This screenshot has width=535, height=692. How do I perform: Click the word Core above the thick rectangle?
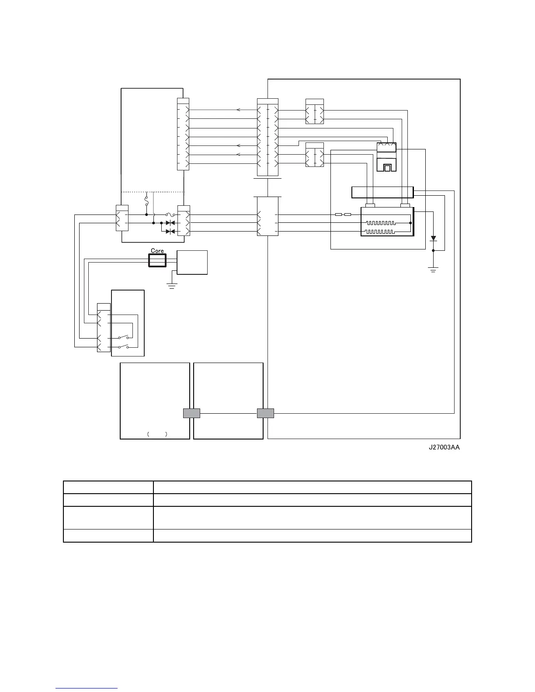coord(157,251)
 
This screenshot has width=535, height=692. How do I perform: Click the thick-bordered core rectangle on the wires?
coord(157,261)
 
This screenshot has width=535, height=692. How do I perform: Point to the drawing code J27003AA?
coord(444,447)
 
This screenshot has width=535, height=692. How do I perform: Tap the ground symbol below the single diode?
coord(433,269)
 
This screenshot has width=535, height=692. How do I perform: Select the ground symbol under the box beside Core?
coord(172,286)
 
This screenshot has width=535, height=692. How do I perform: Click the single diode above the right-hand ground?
coord(433,239)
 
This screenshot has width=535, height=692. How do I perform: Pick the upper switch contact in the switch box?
coord(122,337)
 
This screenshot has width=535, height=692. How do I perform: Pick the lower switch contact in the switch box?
coord(122,347)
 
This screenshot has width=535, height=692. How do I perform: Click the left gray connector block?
coord(191,413)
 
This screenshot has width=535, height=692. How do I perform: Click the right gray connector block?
coord(265,413)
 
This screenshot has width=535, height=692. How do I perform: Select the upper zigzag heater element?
coord(380,223)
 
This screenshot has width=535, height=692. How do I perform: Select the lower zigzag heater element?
coord(380,231)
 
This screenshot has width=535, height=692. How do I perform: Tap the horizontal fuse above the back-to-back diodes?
coord(170,215)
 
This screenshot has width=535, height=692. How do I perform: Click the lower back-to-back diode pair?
coord(170,231)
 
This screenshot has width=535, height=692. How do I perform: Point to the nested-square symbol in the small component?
coord(386,167)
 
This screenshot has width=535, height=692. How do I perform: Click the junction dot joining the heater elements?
coord(410,223)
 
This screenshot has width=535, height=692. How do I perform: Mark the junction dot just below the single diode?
coord(433,250)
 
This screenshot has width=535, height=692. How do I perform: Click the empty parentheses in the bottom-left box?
coord(157,434)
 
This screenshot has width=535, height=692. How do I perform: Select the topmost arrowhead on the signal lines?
coord(238,110)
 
